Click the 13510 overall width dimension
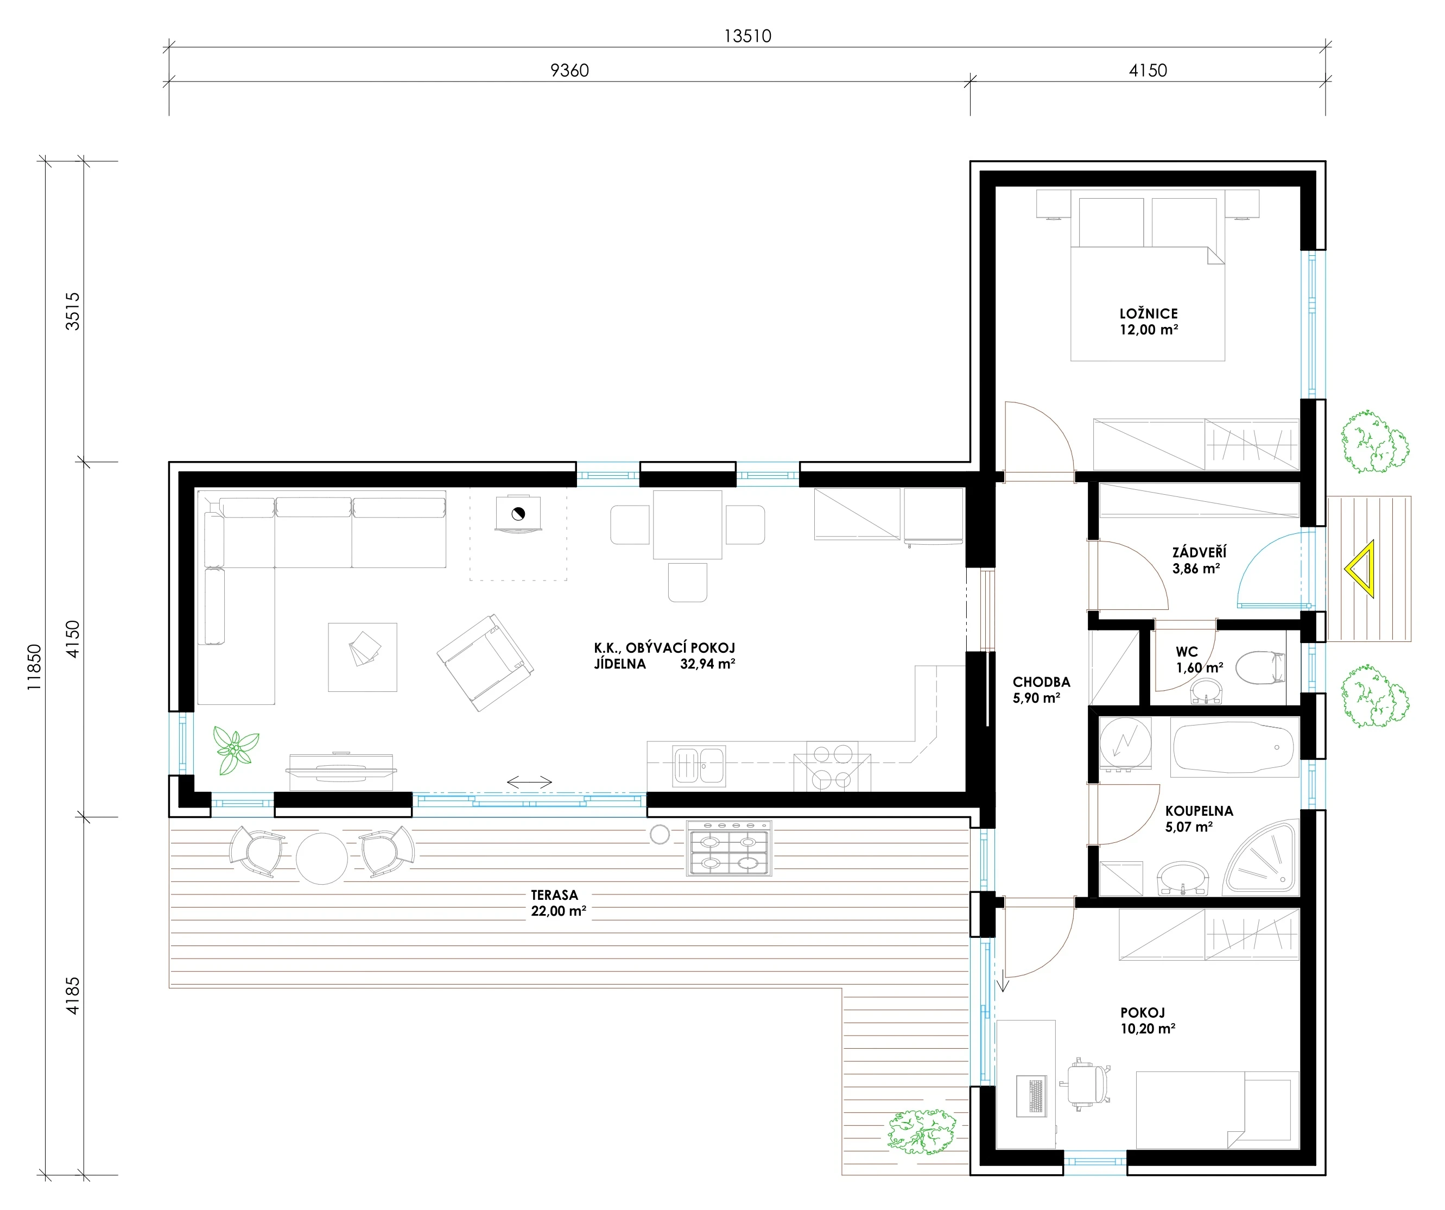pos(747,36)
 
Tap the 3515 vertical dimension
pos(72,311)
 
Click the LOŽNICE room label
pos(1149,313)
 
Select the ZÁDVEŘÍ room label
pos(1199,552)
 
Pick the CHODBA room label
pos(1041,682)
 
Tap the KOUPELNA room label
pos(1199,811)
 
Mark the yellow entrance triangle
pos(1360,569)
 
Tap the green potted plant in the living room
pos(236,749)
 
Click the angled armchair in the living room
pos(485,663)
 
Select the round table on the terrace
pos(321,858)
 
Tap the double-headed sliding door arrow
pos(529,782)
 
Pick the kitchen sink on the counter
pos(699,765)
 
